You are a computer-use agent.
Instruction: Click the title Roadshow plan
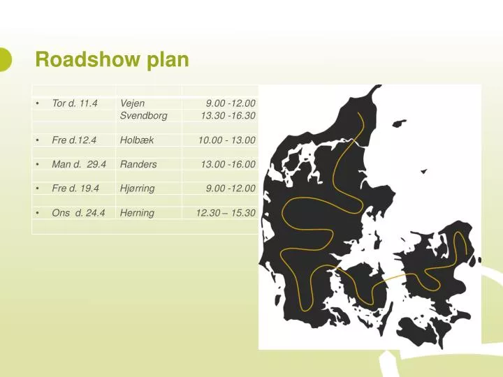112,60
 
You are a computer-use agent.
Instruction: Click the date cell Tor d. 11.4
74,103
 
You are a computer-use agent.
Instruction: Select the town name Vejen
132,103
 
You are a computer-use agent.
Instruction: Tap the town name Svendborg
143,116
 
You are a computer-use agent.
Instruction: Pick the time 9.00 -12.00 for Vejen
231,103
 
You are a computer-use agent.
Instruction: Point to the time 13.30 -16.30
228,116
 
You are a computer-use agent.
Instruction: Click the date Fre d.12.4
73,140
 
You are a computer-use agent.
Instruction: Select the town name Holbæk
137,140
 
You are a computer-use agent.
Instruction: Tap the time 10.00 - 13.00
226,140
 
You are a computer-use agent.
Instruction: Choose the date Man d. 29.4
79,165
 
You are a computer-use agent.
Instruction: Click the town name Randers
138,165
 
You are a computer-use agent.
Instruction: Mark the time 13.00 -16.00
228,165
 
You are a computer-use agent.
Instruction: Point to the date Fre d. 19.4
75,188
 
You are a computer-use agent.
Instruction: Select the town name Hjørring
137,188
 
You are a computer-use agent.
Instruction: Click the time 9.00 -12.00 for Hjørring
231,188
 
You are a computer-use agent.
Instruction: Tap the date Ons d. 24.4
78,213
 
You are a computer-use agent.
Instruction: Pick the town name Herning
137,213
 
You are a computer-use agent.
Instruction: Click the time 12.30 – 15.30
226,213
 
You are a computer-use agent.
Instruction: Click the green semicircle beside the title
5,59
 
